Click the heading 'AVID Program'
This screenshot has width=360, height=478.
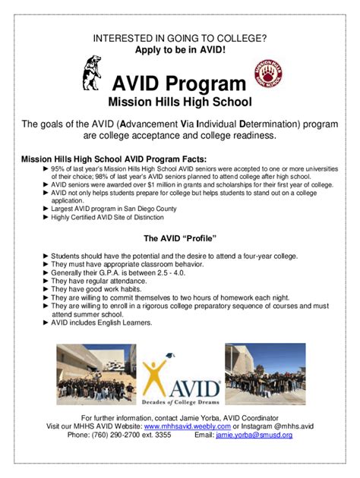[x=179, y=83]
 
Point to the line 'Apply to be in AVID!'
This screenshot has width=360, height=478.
[x=179, y=49]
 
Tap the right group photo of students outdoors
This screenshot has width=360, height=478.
[x=265, y=373]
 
